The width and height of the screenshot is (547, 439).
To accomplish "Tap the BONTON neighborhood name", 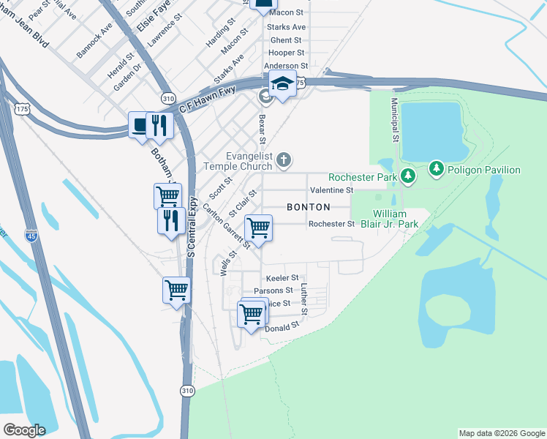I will pos(308,207).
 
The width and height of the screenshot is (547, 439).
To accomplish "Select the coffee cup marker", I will pos(139,124).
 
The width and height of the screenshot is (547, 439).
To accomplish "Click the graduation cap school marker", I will pos(282,85).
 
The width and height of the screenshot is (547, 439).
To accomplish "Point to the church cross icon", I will pos(284,159).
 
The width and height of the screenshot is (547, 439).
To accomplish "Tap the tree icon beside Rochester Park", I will pos(408,176).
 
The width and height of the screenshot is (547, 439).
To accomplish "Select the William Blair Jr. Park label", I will pos(390,218).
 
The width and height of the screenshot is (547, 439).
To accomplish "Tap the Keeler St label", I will pos(283,278).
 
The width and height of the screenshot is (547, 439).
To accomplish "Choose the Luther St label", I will pos(306,299).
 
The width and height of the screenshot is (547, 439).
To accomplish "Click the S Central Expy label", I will pos(192,226).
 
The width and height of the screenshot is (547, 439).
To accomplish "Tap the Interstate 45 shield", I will pos(31,236).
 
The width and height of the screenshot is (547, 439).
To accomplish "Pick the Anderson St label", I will pos(286,66).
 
